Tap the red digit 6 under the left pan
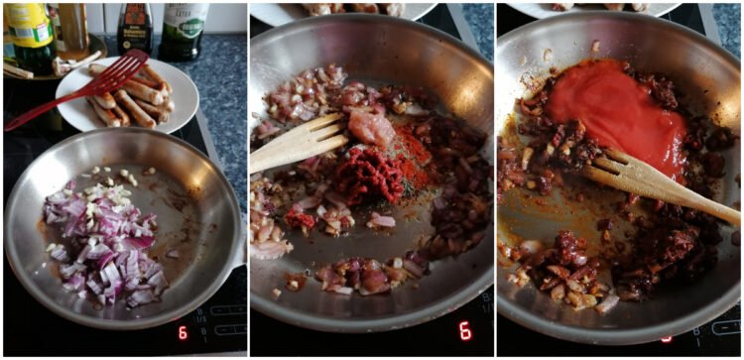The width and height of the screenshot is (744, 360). [182, 332]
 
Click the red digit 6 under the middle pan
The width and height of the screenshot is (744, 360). [464, 330]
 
